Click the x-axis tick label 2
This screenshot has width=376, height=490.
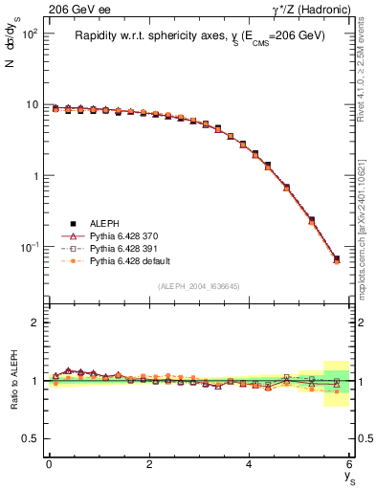pyautogui.click(x=149, y=463)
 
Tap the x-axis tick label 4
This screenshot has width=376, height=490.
pyautogui.click(x=250, y=463)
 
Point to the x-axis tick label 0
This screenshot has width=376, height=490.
pyautogui.click(x=49, y=463)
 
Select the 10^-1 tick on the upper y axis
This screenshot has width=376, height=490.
pyautogui.click(x=28, y=247)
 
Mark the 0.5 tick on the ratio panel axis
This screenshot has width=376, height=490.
pyautogui.click(x=31, y=438)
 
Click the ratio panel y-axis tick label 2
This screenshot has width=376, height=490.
pyautogui.click(x=34, y=323)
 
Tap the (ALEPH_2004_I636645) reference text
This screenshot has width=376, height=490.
pyautogui.click(x=198, y=286)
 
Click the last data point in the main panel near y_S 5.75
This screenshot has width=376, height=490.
pyautogui.click(x=336, y=259)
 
